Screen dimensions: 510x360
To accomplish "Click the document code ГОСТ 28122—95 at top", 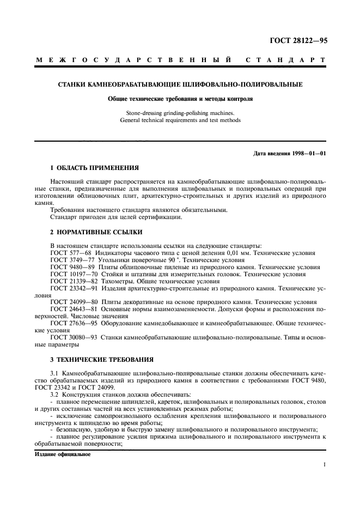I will pos(299,40).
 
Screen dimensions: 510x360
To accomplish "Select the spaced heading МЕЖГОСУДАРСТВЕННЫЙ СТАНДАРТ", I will pos(180,59).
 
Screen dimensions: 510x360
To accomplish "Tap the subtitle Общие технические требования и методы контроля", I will pos(180,100).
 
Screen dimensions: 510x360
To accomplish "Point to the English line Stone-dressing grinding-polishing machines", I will pos(180,113).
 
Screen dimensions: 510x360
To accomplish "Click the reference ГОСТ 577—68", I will pos(70,253).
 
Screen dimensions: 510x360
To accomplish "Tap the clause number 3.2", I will pos(55,393).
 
